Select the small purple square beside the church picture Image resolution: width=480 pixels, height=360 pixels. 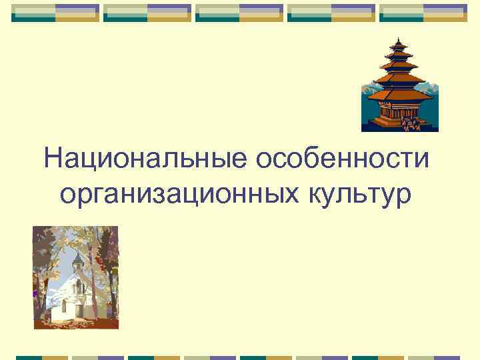pyautogui.click(x=34, y=293)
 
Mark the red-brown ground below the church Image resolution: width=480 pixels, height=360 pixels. pyautogui.click(x=77, y=323)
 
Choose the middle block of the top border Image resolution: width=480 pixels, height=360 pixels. pyautogui.click(x=239, y=13)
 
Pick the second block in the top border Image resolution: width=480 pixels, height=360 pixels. pyautogui.click(x=147, y=13)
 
